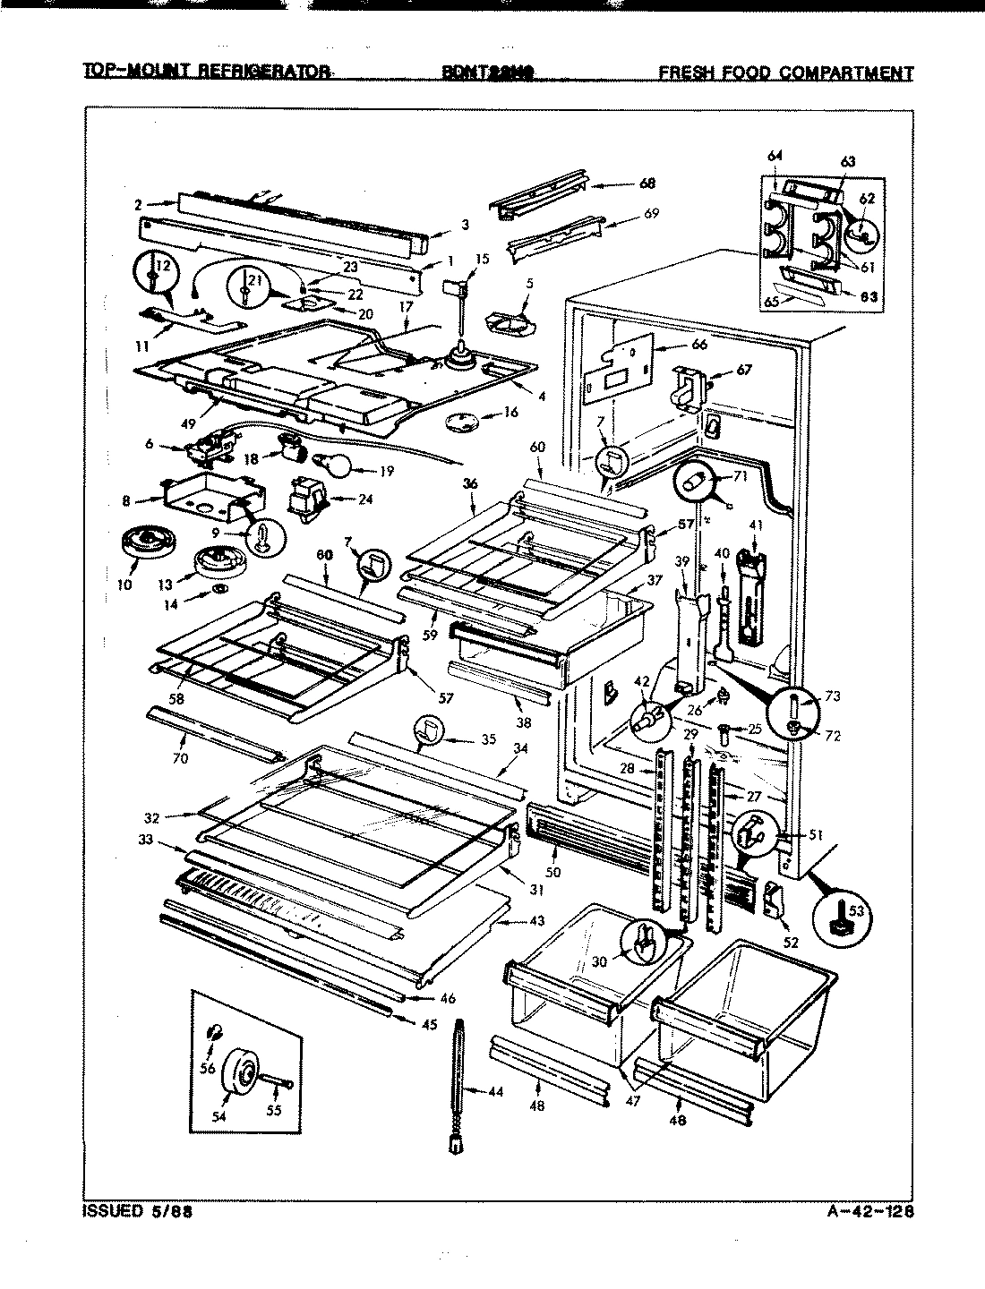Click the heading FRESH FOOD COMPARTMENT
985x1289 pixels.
785,73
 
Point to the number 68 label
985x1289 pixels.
647,184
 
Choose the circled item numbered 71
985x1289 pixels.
702,483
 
